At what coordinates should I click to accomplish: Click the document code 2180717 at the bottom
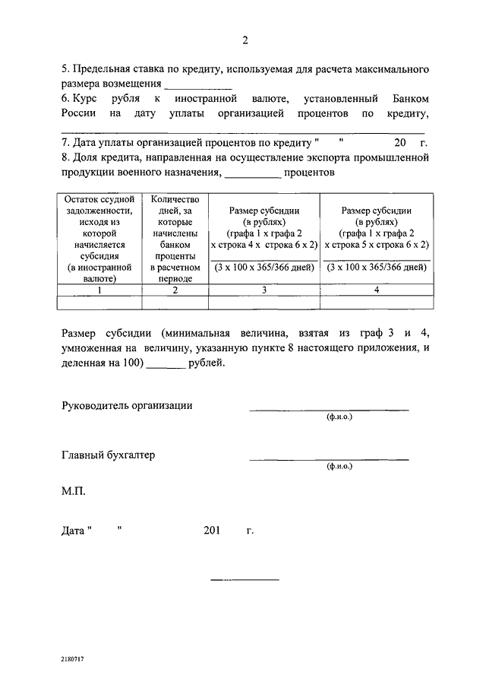coord(74,660)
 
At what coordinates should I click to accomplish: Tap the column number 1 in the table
coord(99,290)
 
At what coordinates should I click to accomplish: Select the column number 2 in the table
coord(175,290)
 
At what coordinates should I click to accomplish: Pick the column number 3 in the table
coord(265,290)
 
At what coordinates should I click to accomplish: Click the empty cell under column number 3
coord(265,303)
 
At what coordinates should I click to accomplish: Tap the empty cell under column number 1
coord(99,303)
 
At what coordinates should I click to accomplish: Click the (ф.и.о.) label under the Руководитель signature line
coord(339,417)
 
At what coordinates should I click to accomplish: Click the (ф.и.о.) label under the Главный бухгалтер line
coord(339,466)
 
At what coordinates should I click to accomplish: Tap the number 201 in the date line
coord(212,530)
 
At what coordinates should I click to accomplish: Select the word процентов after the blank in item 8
coord(310,173)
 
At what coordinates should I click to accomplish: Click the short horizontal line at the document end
coord(245,580)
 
